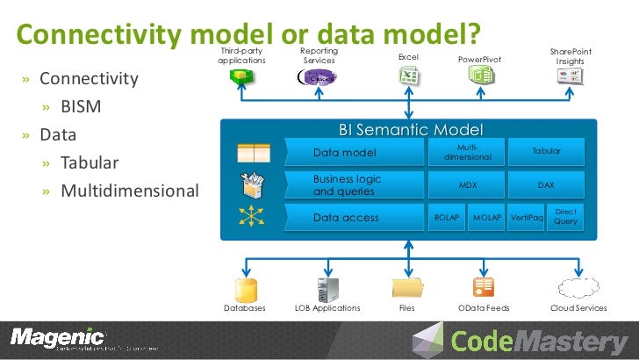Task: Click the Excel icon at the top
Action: tap(408, 77)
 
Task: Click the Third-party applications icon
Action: tap(239, 78)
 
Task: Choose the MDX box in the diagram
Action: tap(467, 185)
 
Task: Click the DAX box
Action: tap(546, 185)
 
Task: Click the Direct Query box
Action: tap(566, 217)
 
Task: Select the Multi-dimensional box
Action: tap(467, 152)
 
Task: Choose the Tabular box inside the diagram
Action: tap(546, 152)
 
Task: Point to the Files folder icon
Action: tap(407, 287)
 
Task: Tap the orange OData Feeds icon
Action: tap(484, 287)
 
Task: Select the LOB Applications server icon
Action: tap(327, 287)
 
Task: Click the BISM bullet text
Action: tap(81, 107)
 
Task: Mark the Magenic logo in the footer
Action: tap(57, 337)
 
